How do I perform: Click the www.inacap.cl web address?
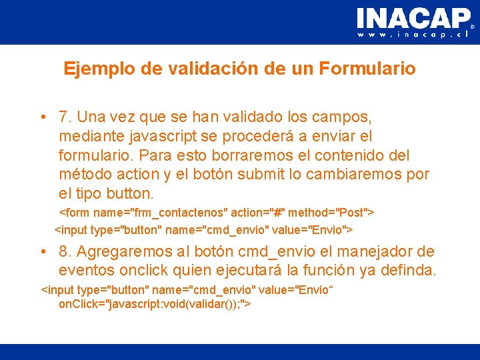tap(414, 35)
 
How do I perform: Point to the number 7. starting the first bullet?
tap(65, 117)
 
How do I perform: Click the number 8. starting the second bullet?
tap(65, 252)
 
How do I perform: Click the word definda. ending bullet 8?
tap(409, 271)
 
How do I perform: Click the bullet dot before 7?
tap(42, 118)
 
